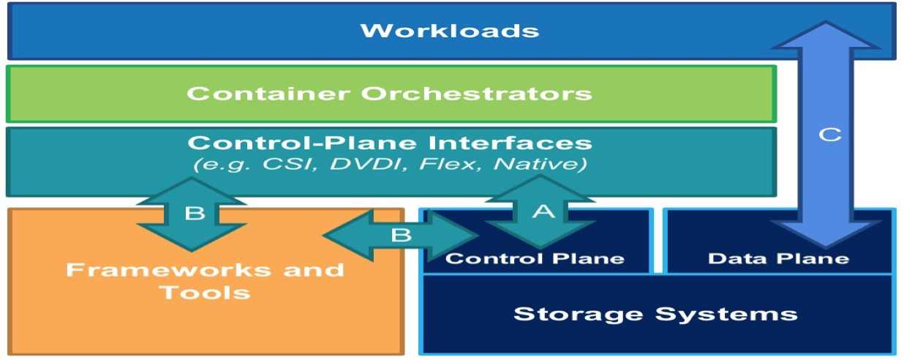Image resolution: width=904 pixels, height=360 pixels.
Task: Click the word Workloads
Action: pos(449,31)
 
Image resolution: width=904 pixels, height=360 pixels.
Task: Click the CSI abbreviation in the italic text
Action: pos(288,165)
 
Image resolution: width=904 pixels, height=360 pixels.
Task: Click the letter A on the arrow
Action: pos(542,211)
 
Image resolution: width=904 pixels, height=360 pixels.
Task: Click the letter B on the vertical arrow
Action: pos(194,213)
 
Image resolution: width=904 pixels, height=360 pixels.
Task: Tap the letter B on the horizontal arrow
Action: pos(402,236)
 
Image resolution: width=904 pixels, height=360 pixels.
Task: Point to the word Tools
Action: pos(205,293)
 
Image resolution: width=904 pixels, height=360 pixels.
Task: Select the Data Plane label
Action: pos(778,258)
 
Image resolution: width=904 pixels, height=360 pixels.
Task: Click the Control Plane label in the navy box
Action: pos(535,258)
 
